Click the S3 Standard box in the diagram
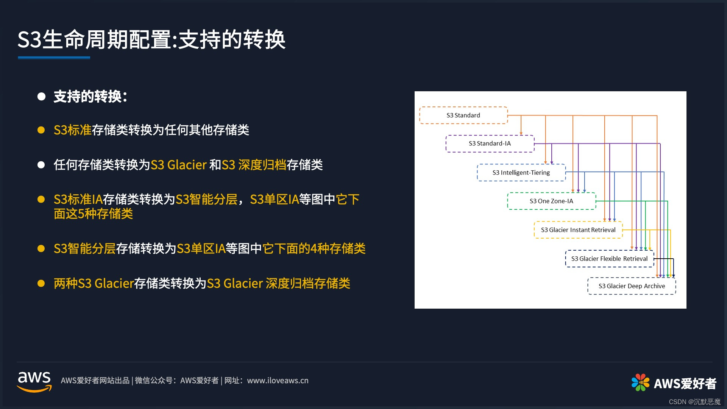coord(463,115)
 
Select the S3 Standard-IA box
coord(490,144)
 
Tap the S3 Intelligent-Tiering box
coord(521,173)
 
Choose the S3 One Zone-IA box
coord(551,201)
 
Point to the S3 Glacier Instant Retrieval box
coord(578,230)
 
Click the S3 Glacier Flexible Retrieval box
coord(609,259)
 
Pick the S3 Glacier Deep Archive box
coord(632,286)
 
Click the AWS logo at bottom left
coord(34,381)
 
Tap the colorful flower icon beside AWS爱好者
coord(640,382)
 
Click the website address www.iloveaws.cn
coord(278,381)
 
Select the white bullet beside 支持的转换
coord(41,97)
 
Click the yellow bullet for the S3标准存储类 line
coord(41,130)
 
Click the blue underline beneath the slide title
coord(54,58)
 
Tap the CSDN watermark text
coord(694,402)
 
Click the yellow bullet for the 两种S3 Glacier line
coord(41,283)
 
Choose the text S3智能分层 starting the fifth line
coord(84,249)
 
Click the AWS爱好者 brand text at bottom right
coord(685,384)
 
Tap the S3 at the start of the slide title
coord(29,39)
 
